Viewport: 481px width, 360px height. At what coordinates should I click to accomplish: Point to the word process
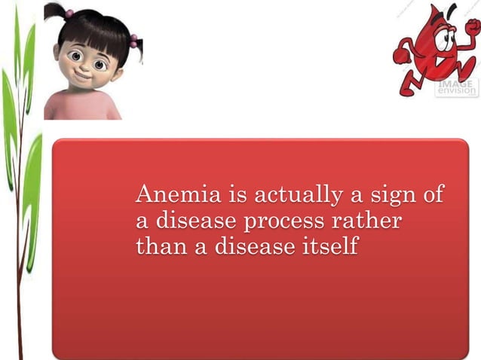click(x=290, y=223)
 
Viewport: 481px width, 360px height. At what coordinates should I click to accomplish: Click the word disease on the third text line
click(x=253, y=246)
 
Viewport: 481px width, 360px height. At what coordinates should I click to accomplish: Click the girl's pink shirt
click(x=81, y=108)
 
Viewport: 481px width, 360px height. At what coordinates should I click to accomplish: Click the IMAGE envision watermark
click(x=457, y=88)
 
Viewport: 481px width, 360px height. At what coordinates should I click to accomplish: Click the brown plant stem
click(x=21, y=226)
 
